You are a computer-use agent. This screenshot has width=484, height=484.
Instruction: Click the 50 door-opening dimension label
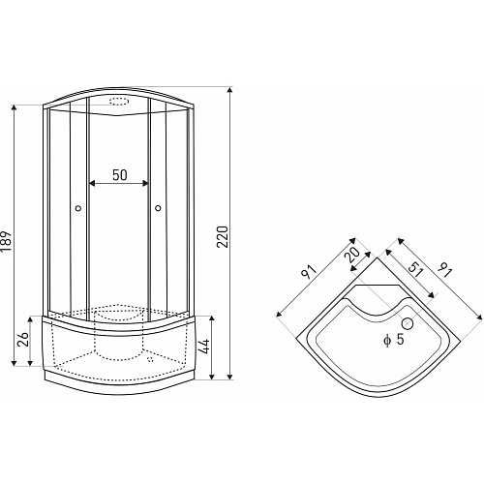click(120, 175)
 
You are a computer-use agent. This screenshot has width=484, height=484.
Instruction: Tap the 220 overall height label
click(222, 237)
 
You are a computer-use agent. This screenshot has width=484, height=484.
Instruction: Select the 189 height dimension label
click(6, 242)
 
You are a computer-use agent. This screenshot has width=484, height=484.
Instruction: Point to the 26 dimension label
click(23, 339)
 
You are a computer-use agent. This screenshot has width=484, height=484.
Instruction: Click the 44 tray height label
click(204, 347)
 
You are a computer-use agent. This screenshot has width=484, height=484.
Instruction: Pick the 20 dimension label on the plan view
click(351, 256)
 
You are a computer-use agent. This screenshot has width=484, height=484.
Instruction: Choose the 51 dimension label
click(415, 269)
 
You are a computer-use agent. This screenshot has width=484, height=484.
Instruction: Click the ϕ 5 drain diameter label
click(394, 340)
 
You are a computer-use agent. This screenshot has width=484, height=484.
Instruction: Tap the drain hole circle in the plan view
click(408, 323)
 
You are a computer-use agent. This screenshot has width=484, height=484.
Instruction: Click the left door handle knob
click(78, 208)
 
